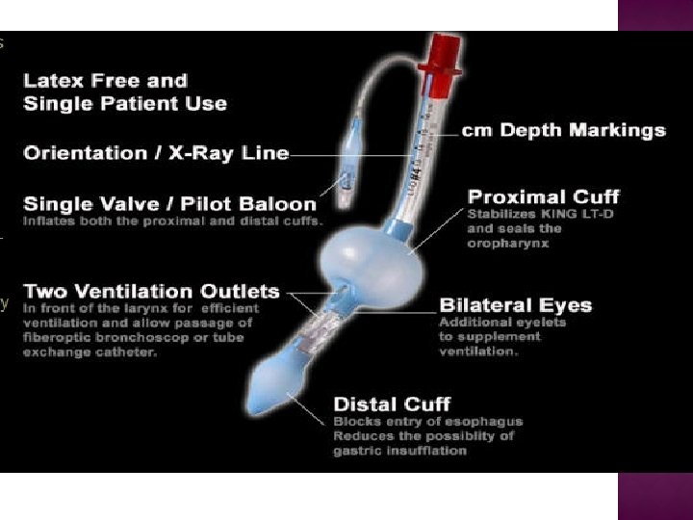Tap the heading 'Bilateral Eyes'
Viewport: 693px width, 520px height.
point(515,306)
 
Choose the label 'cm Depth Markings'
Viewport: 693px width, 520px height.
point(563,130)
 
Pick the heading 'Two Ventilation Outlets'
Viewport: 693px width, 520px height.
point(151,291)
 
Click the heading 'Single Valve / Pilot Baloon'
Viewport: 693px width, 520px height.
point(169,204)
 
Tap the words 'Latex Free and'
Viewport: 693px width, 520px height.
point(106,81)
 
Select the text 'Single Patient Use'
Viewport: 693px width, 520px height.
point(125,103)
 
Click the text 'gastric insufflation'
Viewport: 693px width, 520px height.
point(399,450)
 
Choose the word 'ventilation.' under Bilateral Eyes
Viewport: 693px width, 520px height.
point(478,351)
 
